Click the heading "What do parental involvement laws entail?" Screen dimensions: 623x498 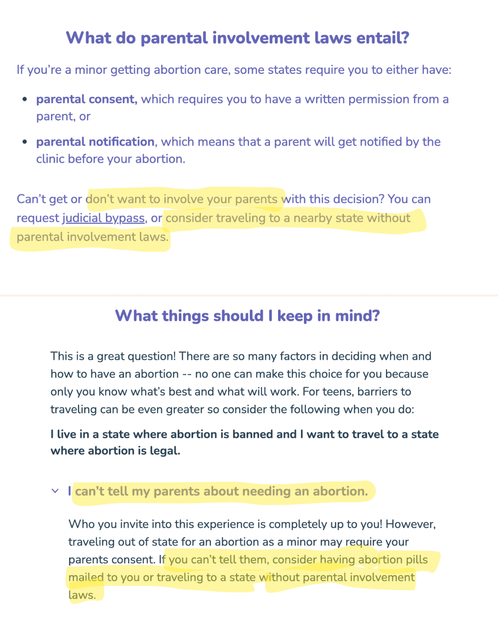click(x=237, y=38)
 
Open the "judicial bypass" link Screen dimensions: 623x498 click(x=103, y=218)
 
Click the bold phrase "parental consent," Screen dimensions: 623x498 click(x=87, y=99)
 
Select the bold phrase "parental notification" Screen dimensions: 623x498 click(x=95, y=142)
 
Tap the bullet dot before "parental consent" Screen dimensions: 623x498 click(x=25, y=99)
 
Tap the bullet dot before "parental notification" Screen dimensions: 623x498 click(x=25, y=142)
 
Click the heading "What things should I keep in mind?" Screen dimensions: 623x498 click(x=248, y=316)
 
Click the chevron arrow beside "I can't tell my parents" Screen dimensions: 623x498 click(x=55, y=491)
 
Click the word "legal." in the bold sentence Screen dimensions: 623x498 click(x=165, y=451)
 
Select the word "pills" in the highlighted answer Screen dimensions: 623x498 click(x=416, y=560)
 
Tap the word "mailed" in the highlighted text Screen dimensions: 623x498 click(x=86, y=577)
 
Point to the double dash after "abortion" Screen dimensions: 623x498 click(x=187, y=374)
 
